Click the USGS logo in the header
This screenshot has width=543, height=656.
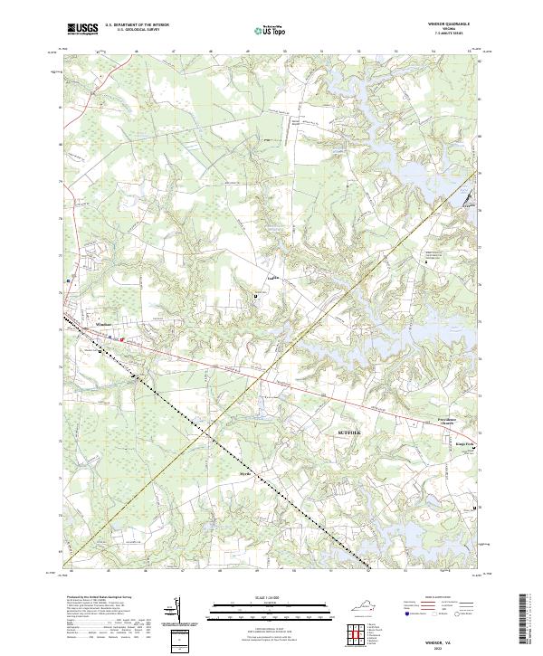[x=82, y=29]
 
